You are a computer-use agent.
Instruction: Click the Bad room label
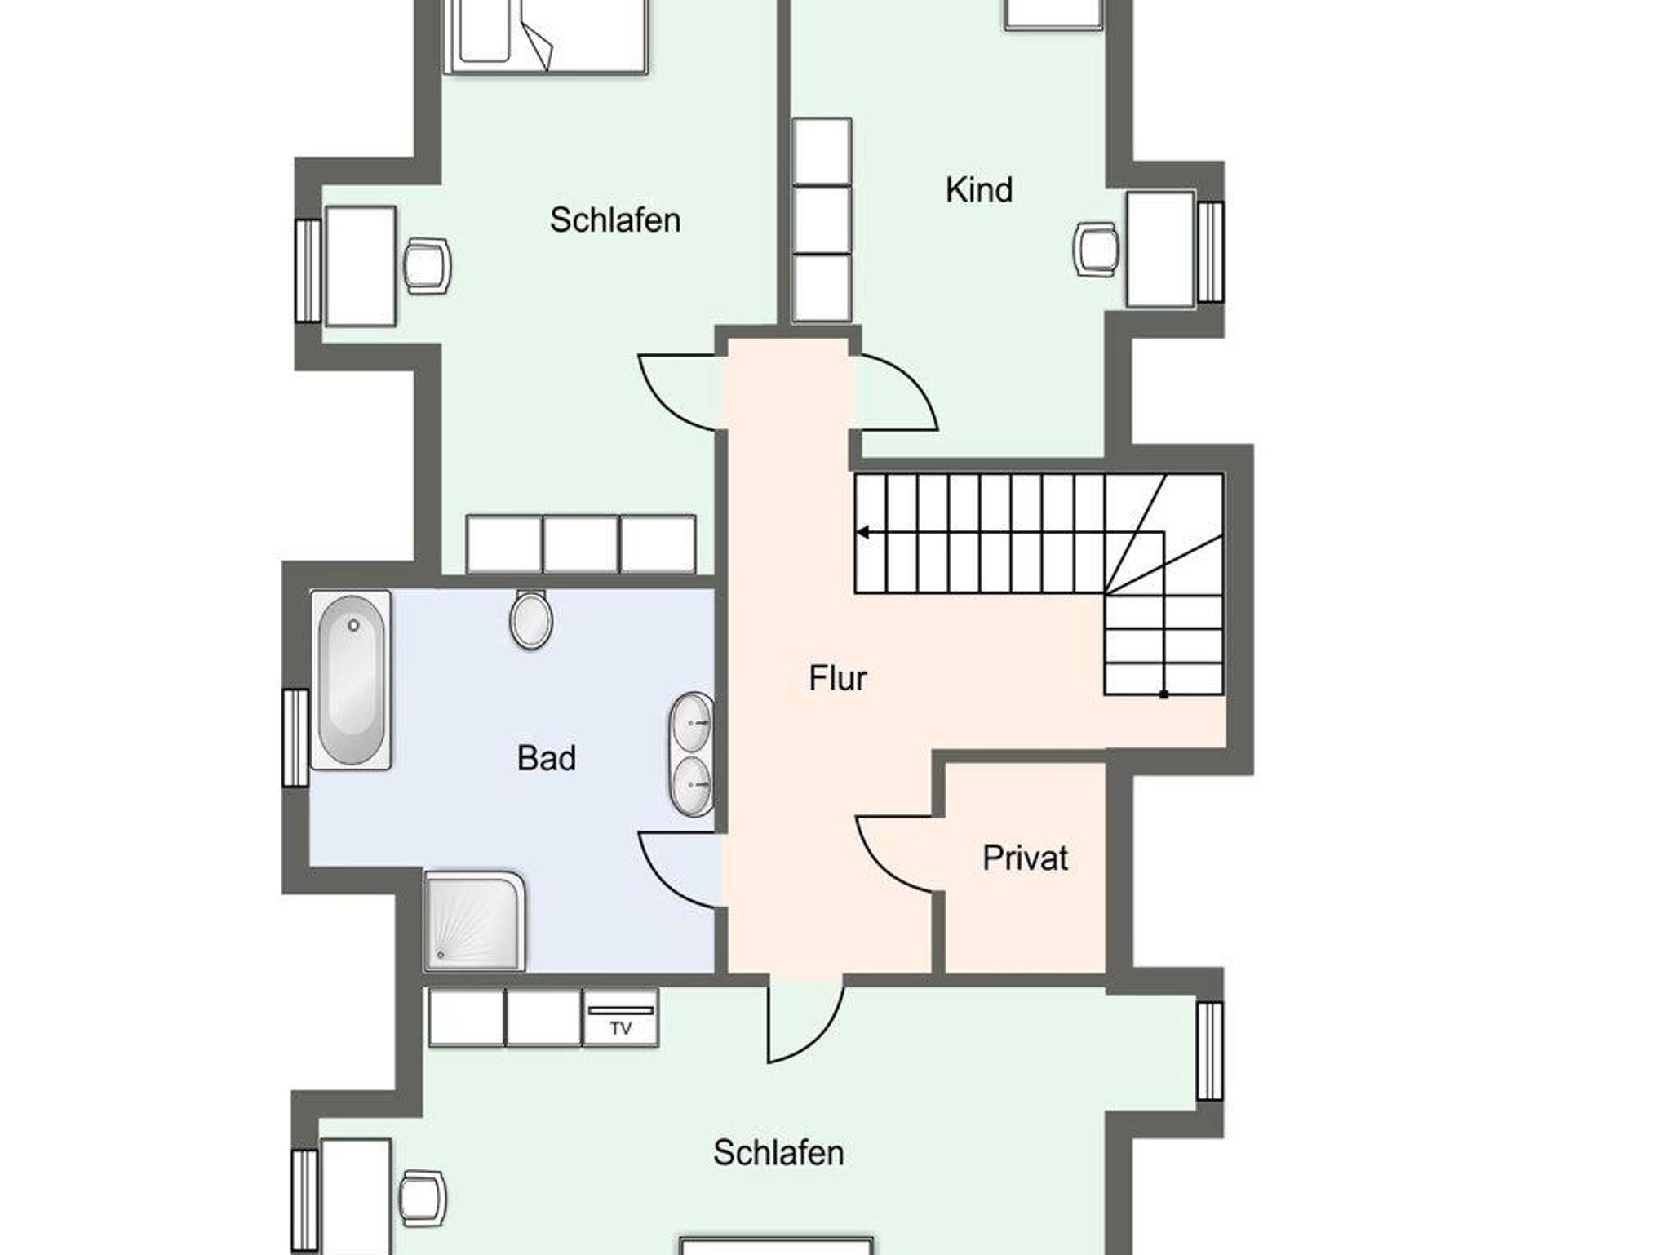(547, 758)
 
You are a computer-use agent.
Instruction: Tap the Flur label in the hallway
(837, 677)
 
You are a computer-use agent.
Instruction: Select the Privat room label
(1025, 858)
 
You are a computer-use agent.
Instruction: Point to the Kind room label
(979, 189)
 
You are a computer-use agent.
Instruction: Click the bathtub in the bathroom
(351, 680)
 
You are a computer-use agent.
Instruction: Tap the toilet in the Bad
(530, 619)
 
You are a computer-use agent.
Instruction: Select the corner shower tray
(474, 920)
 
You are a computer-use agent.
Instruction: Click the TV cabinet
(621, 1017)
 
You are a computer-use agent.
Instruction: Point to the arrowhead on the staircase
(862, 533)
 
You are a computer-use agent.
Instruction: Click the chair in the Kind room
(1094, 250)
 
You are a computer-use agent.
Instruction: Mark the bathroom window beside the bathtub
(295, 738)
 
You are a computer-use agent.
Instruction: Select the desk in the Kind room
(1160, 250)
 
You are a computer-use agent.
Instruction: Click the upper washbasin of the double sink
(692, 722)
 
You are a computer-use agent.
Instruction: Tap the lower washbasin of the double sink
(692, 785)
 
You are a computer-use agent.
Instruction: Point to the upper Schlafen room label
(615, 220)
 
